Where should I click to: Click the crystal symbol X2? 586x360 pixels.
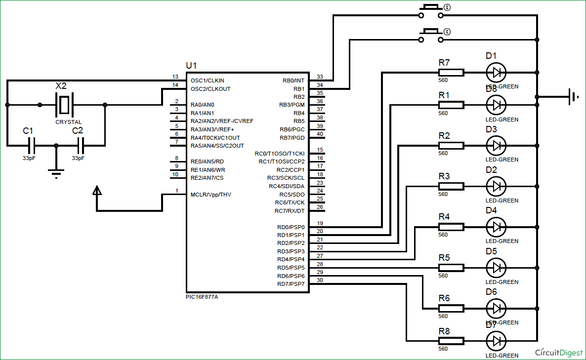(64, 105)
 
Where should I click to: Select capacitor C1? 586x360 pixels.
(32, 146)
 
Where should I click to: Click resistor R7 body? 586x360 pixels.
(451, 73)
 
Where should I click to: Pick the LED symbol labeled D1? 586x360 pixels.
(496, 73)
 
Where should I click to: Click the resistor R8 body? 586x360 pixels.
(451, 341)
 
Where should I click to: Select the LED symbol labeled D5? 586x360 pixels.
(496, 268)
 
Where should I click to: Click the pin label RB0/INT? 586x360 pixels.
(293, 80)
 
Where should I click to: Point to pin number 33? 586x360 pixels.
(320, 77)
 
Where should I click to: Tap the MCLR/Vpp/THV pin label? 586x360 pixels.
(210, 195)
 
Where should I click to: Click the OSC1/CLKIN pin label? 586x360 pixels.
(207, 80)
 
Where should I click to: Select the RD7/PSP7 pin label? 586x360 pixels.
(291, 284)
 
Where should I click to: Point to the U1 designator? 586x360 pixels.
(191, 66)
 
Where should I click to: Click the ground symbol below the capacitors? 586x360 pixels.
(56, 172)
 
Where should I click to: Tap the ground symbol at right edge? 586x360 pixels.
(574, 97)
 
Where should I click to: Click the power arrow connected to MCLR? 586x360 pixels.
(97, 191)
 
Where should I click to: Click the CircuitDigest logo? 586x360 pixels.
(559, 352)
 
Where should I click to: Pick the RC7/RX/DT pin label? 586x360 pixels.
(290, 211)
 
